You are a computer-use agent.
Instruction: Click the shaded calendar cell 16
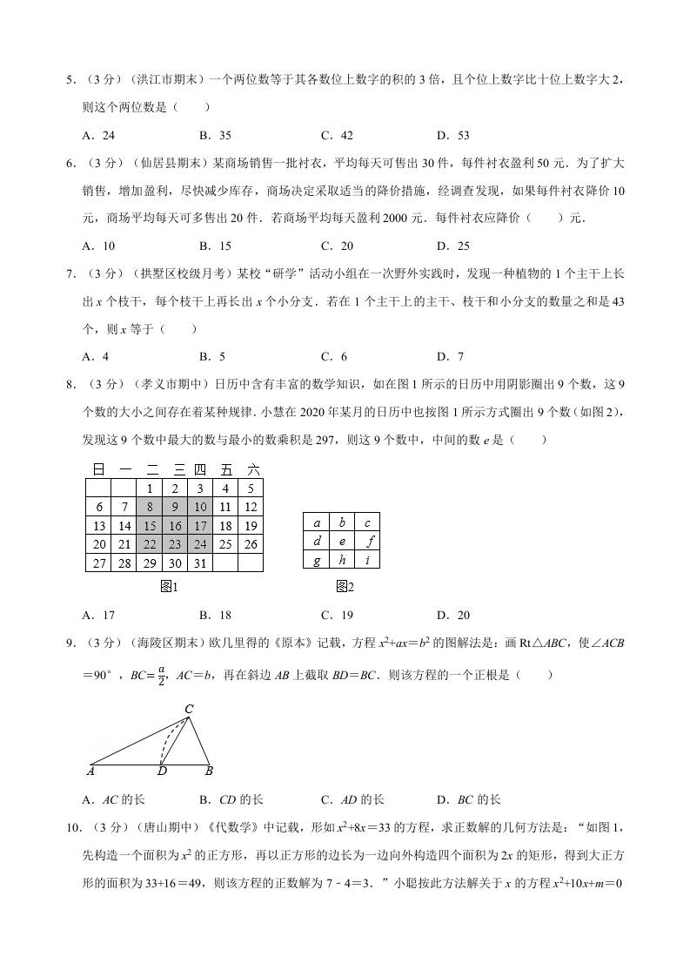pos(174,526)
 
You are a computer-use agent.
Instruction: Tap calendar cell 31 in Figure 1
pos(199,563)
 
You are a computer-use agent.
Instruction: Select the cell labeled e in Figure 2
pos(342,541)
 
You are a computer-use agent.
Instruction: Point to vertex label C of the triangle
pos(188,710)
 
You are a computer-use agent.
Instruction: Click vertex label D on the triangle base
pos(162,771)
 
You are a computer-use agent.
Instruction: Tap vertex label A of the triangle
pos(91,771)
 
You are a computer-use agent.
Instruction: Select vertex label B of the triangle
pos(209,771)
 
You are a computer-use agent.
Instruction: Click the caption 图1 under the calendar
pos(170,587)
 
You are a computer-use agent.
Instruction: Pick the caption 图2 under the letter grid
pos(345,587)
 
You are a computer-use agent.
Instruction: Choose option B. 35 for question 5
pos(215,135)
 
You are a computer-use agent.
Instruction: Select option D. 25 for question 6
pos(452,246)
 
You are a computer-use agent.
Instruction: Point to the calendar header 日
pos(98,469)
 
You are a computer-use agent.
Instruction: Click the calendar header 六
pos(253,469)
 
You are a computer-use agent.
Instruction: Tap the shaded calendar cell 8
pos(150,507)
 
